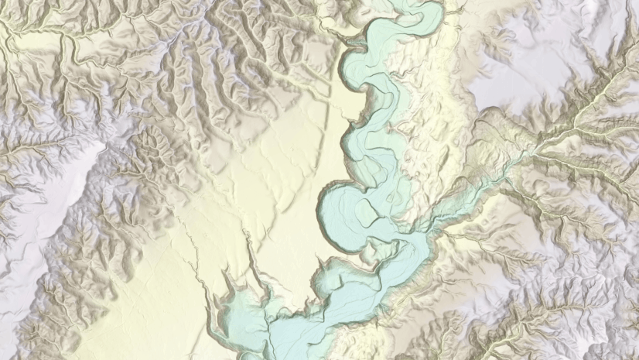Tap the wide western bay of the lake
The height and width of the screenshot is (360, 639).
(232, 310)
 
